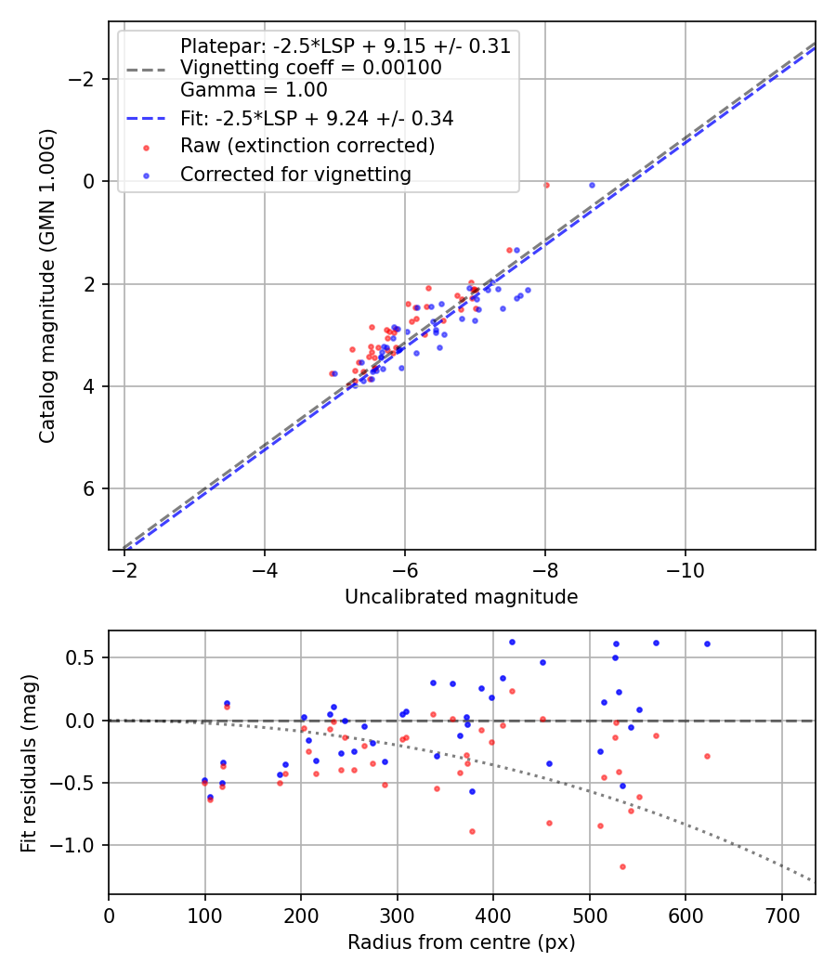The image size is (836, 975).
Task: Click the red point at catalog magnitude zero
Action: coord(546,185)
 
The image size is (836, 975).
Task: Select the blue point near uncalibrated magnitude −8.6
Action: coord(592,185)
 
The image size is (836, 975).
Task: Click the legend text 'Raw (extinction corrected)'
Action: coord(307,146)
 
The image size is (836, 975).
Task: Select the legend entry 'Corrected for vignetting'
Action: coord(295,174)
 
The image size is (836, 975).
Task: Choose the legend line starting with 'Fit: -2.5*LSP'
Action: coord(317,119)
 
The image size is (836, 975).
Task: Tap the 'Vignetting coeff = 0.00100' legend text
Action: coord(310,68)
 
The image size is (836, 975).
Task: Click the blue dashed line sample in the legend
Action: coord(146,119)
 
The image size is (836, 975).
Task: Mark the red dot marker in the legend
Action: coord(146,147)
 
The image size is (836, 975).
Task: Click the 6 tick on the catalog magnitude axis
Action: coord(89,488)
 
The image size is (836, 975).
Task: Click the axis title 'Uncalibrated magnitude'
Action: coord(461,597)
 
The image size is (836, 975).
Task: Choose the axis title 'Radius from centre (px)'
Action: coord(461,942)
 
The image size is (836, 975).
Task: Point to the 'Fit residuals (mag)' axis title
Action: coord(29,762)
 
